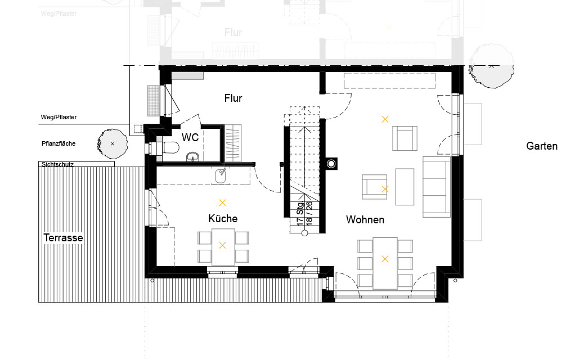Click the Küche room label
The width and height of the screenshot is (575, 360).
coord(223,218)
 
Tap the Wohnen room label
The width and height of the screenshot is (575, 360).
coord(365,219)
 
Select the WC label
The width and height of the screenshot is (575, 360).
coord(190,137)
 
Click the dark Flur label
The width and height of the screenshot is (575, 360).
coord(233,98)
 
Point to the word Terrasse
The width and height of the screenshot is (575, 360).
coord(63,237)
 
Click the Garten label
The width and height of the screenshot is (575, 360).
coord(542,146)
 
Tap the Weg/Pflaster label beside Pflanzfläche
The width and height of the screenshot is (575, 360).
coord(59,118)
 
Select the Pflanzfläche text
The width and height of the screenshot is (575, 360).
coord(59,143)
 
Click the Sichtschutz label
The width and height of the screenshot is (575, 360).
coord(57,164)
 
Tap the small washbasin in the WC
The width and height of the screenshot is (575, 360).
coord(193,157)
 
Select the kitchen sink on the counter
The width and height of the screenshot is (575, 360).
coord(221,175)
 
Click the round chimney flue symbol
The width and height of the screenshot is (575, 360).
coord(331,164)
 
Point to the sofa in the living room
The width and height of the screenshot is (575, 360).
coord(437,187)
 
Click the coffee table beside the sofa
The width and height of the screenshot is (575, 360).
coord(405,187)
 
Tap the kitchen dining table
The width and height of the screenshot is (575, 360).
coord(223,247)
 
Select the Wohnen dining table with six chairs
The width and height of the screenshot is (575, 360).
coord(385,263)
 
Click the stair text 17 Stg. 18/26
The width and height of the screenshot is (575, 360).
coord(305,213)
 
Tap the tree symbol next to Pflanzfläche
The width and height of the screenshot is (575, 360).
coord(112,143)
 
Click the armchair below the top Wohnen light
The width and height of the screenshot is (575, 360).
coord(405,138)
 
